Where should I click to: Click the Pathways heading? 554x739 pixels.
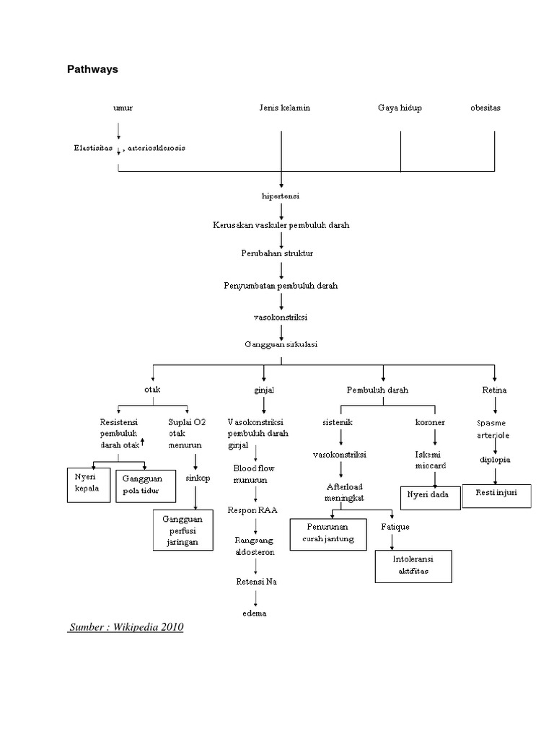click(92, 70)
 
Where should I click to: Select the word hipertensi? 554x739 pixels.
click(280, 196)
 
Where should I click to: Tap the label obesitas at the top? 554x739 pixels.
click(485, 108)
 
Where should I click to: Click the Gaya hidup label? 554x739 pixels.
click(400, 108)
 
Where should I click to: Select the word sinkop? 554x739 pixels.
click(197, 478)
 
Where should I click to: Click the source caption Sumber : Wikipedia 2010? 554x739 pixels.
click(126, 627)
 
